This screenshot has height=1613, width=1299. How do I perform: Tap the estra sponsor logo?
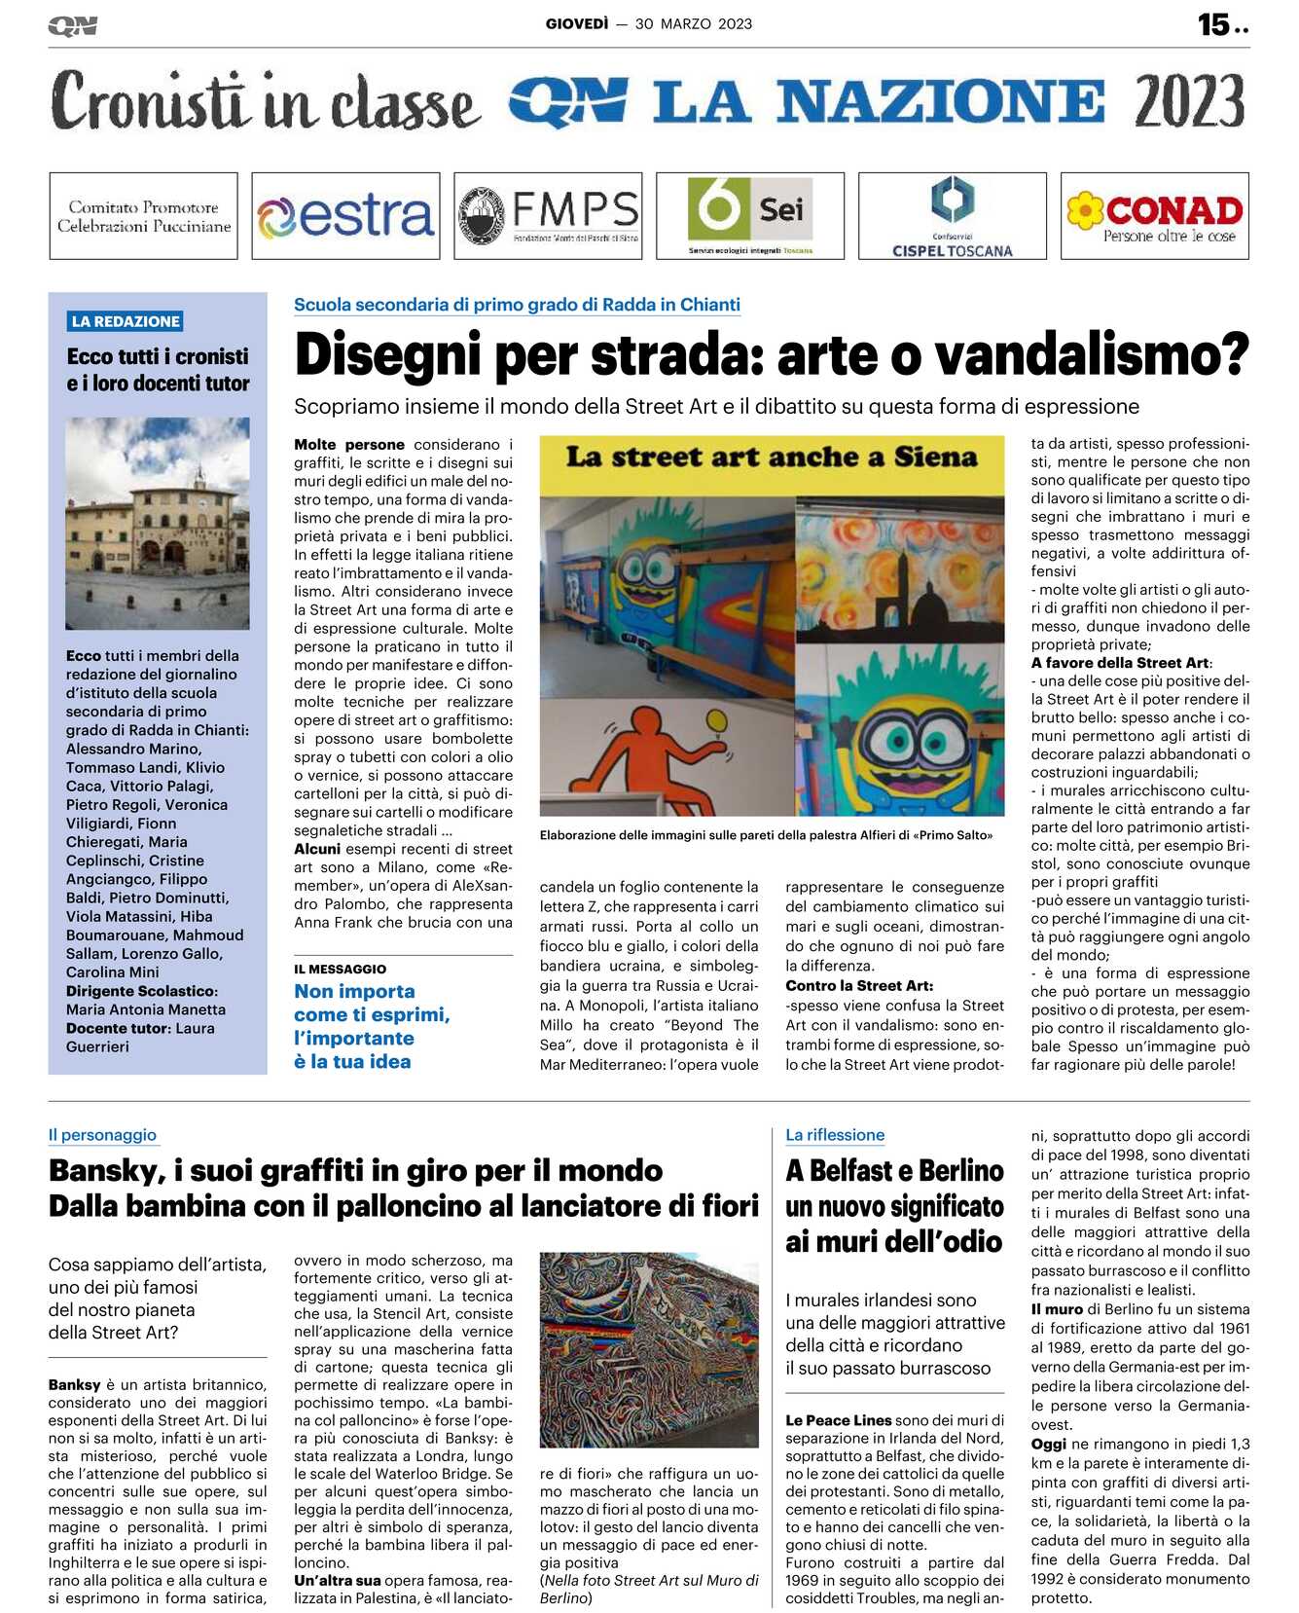tap(345, 216)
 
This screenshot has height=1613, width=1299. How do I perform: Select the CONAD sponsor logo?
tap(1154, 216)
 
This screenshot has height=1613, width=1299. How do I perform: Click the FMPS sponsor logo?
tap(548, 216)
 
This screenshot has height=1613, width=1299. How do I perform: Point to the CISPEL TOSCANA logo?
tap(952, 216)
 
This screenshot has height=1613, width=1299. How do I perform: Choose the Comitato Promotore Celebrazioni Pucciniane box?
tap(143, 216)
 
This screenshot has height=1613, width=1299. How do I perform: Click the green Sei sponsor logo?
tap(749, 216)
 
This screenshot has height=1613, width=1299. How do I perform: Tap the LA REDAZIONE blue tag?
tap(126, 321)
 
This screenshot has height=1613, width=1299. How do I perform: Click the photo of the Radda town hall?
tap(158, 523)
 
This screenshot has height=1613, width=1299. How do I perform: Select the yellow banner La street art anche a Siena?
tap(772, 458)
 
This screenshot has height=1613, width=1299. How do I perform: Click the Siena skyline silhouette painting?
tap(899, 571)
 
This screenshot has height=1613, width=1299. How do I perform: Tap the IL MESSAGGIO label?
tap(340, 969)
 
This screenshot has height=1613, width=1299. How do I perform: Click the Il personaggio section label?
tap(102, 1134)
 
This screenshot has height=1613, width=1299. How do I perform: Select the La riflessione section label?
tap(835, 1134)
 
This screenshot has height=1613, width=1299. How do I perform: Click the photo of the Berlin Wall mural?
tap(649, 1349)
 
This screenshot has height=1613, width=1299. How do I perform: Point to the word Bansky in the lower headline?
tap(105, 1170)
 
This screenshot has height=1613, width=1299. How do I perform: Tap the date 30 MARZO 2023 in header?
tap(693, 23)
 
